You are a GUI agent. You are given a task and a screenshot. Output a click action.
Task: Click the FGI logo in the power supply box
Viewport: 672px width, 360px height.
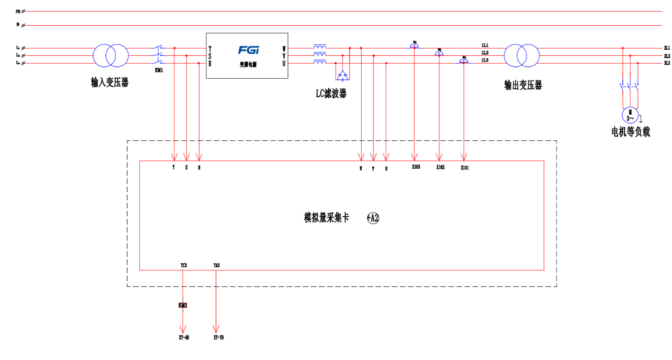[x=248, y=50]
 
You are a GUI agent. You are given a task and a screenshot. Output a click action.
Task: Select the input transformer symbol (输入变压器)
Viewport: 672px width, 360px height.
[x=110, y=56]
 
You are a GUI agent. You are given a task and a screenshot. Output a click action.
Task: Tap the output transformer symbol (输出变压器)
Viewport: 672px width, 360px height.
[x=522, y=56]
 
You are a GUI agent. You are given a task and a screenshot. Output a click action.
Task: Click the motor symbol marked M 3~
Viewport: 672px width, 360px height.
[x=630, y=115]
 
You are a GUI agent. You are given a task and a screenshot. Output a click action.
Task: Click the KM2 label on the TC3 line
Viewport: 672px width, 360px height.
[x=183, y=305]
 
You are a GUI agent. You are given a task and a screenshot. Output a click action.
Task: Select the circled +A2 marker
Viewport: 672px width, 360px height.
[x=373, y=218]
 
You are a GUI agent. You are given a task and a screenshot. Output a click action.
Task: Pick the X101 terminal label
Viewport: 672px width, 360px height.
[x=465, y=167]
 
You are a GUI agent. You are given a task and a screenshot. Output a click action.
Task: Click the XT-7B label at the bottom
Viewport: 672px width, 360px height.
[x=218, y=338]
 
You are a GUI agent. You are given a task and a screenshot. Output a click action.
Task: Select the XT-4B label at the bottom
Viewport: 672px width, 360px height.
[x=184, y=338]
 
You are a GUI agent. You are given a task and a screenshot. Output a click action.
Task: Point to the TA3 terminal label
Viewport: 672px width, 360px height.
[x=216, y=265]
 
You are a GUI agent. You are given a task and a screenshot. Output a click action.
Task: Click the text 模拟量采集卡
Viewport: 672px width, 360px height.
[x=326, y=218]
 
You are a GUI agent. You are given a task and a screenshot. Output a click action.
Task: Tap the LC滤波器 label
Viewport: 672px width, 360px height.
[x=331, y=94]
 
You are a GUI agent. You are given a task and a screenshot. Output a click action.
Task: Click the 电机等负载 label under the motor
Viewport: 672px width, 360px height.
[x=631, y=132]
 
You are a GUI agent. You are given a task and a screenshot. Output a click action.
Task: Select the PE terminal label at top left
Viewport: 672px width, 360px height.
[x=18, y=11]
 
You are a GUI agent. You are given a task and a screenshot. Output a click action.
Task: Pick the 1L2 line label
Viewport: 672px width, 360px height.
[x=485, y=53]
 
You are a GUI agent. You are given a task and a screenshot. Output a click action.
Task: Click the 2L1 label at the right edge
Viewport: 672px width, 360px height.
[x=666, y=49]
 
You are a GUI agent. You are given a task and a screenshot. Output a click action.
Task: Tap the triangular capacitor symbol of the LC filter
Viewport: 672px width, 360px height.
[x=342, y=74]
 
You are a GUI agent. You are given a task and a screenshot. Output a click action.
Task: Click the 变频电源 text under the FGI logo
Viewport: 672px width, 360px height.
[x=248, y=64]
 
